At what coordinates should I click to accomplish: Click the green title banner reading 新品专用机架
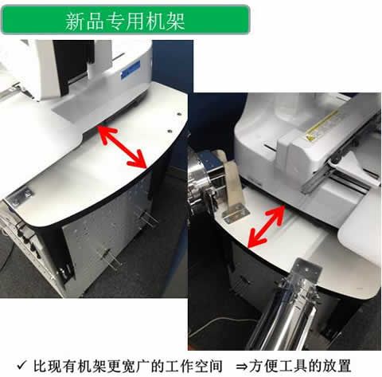coord(126,20)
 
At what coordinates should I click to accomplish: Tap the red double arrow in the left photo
coord(122,147)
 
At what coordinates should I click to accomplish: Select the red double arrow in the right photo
coord(266,226)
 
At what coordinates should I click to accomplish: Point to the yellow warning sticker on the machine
coord(322,125)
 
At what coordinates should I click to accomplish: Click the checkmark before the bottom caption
coord(21,365)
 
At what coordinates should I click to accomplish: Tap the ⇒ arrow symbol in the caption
coord(241,366)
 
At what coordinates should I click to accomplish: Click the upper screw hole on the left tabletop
coord(179,114)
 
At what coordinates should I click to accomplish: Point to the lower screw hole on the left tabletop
coord(169,131)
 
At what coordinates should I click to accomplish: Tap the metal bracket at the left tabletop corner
coord(19,197)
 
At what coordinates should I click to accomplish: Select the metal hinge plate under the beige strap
coord(236,214)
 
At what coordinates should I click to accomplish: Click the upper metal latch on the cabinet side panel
coord(146,218)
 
